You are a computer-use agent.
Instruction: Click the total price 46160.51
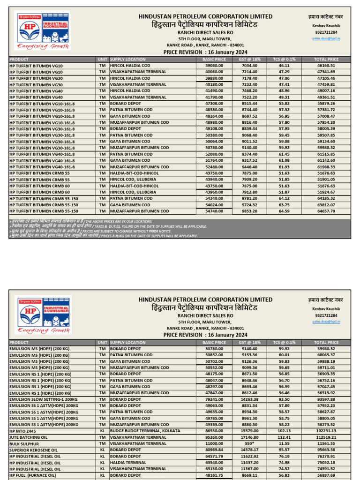[326, 66]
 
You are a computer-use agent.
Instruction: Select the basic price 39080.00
[214, 66]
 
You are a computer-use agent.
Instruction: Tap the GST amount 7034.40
[249, 66]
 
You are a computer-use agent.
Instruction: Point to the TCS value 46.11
[284, 66]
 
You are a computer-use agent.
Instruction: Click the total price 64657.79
[326, 211]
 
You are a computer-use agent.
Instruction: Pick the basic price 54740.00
[214, 211]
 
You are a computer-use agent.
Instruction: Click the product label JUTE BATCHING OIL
[29, 437]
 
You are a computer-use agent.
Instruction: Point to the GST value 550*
[249, 443]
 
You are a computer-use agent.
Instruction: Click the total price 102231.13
[326, 431]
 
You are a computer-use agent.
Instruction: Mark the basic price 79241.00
[214, 399]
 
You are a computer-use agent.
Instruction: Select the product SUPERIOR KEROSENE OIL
[33, 450]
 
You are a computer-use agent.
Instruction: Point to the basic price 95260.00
[214, 437]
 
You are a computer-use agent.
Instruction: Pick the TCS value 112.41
[284, 437]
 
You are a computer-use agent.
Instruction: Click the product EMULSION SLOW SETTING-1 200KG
[42, 399]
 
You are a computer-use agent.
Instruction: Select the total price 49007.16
[326, 90]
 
